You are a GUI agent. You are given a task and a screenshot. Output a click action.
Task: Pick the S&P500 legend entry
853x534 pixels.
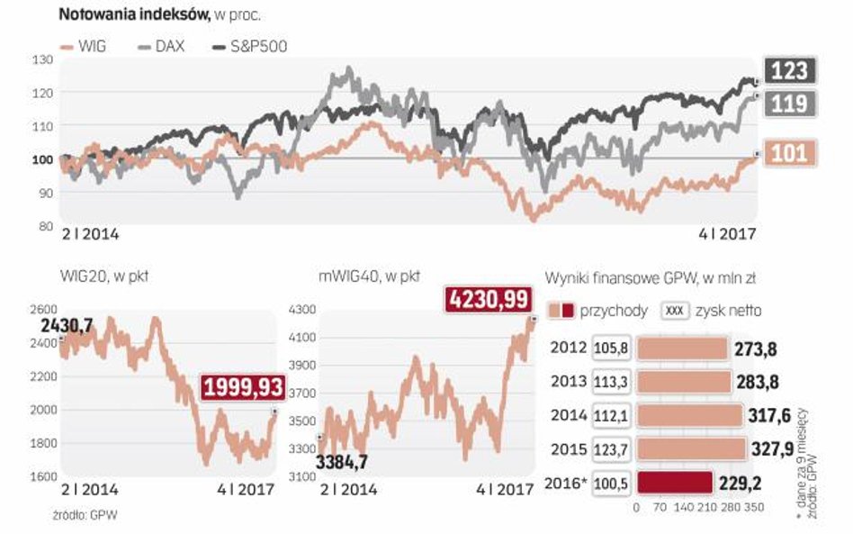250,46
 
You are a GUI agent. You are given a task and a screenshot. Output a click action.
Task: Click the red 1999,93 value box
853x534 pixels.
242,388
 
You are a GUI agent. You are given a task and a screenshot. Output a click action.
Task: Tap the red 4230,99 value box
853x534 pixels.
487,299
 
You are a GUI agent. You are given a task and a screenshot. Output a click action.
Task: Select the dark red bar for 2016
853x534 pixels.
675,484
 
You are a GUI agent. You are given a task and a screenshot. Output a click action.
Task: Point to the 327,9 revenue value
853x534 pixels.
777,449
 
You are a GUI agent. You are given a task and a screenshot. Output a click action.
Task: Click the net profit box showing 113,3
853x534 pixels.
611,382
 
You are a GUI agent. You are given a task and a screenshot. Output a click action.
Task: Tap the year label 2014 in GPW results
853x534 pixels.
569,415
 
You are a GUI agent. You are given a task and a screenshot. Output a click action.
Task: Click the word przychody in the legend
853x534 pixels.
615,311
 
